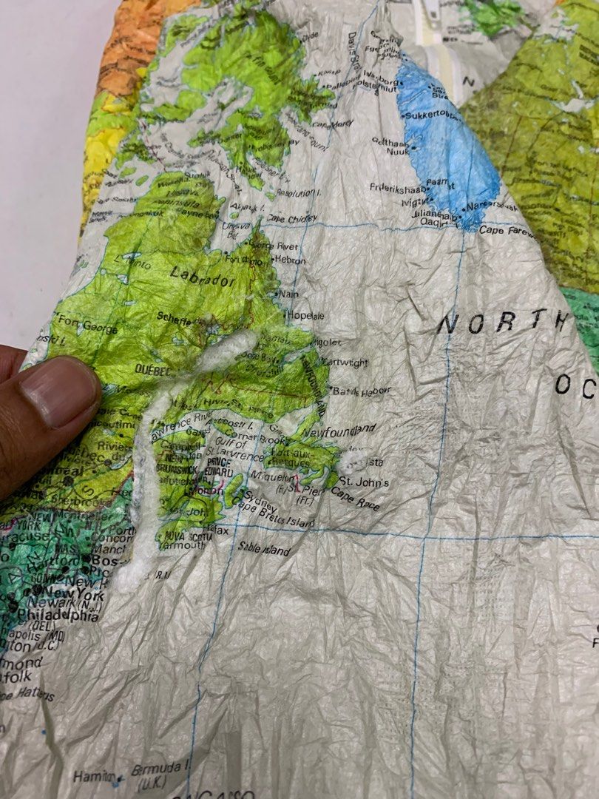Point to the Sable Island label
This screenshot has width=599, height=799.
(x=264, y=549)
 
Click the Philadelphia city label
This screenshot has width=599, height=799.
(x=58, y=616)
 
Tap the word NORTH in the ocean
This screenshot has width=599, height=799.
(x=503, y=322)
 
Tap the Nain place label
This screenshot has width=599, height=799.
(x=289, y=294)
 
